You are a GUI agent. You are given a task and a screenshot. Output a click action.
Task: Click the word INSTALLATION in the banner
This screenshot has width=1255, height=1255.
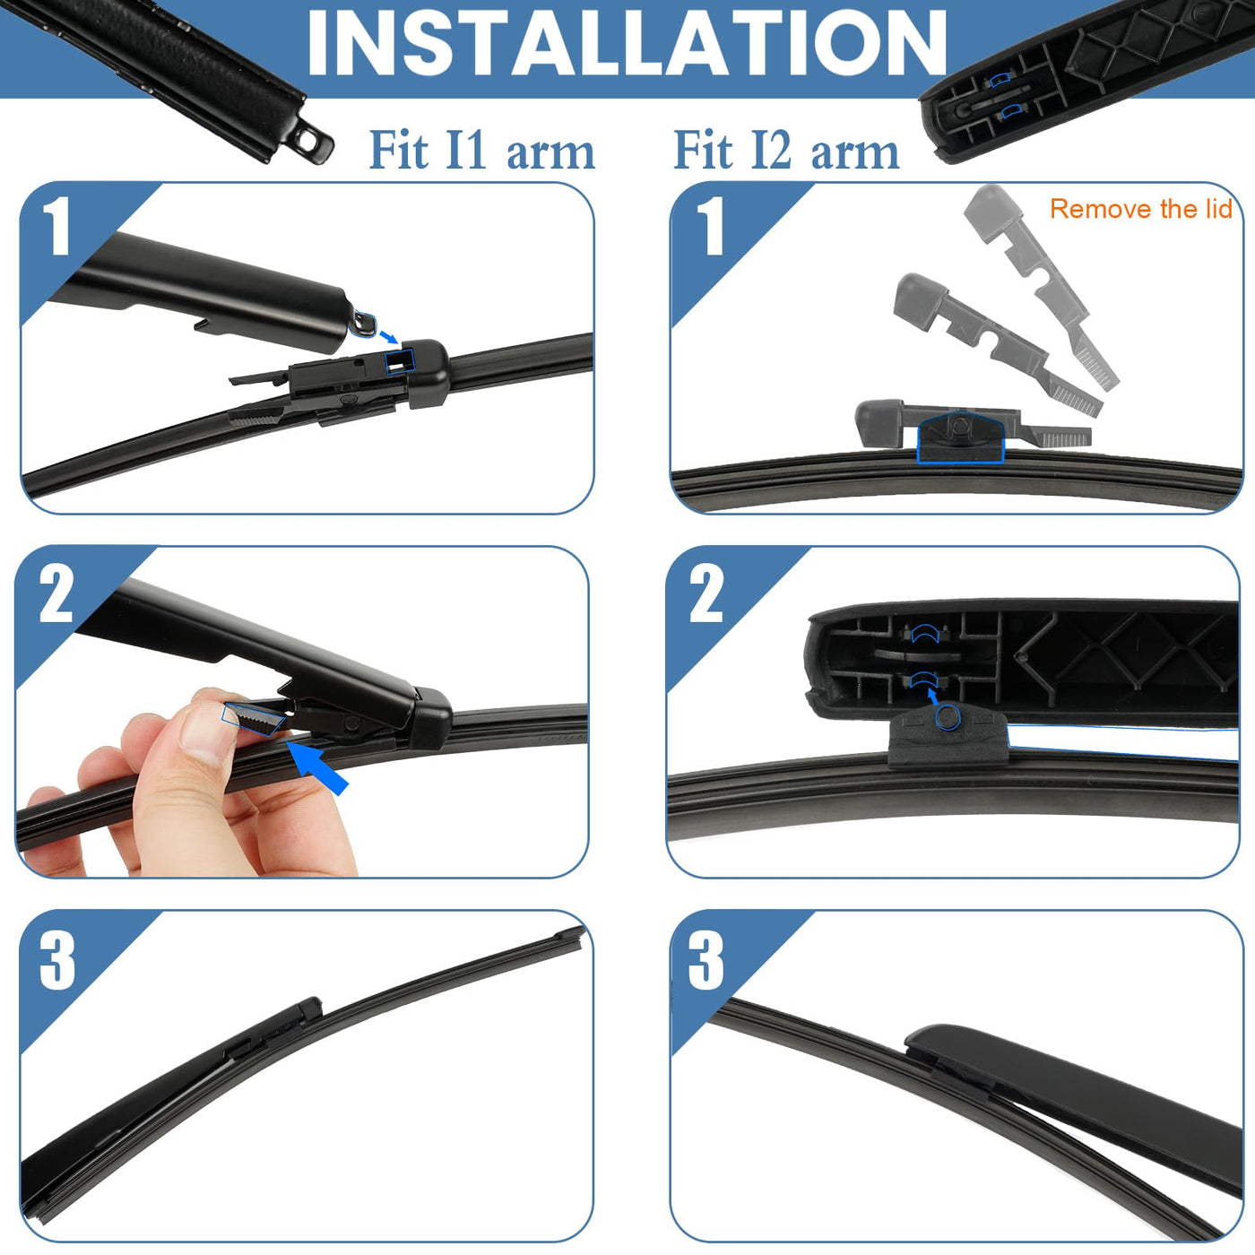[x=627, y=44]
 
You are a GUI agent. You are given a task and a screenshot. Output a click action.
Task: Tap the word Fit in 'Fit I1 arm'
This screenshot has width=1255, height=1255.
[x=399, y=151]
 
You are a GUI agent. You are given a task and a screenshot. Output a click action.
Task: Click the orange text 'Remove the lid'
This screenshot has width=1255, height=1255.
[x=1141, y=209]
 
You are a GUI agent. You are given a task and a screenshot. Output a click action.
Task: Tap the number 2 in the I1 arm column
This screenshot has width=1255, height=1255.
[x=56, y=593]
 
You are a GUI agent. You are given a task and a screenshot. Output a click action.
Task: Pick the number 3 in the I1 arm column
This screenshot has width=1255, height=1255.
[x=57, y=961]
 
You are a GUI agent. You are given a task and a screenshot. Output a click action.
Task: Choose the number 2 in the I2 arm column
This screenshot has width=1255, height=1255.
[x=706, y=593]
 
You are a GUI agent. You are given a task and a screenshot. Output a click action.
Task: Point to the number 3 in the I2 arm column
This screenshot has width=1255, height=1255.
[x=706, y=961]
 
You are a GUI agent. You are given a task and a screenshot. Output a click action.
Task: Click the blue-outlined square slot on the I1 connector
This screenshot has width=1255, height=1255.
[x=399, y=361]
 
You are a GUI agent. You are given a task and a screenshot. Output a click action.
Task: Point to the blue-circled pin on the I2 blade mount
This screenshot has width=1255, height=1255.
[x=948, y=718]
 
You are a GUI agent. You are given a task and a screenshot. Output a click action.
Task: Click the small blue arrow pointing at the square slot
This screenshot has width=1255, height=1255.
[x=388, y=336]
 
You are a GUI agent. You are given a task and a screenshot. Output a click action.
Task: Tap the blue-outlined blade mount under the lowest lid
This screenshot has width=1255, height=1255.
[x=960, y=437]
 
